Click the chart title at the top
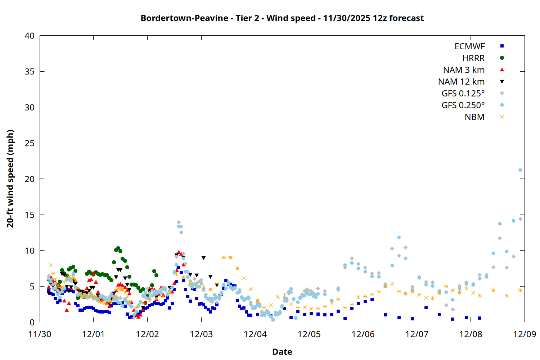click(282, 18)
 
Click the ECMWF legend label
click(469, 46)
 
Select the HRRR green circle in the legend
click(502, 58)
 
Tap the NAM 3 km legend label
click(464, 70)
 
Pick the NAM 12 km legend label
click(461, 82)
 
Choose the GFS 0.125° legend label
click(463, 94)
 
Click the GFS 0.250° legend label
click(463, 105)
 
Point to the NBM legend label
click(474, 117)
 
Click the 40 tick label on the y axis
click(30, 36)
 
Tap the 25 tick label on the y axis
click(30, 143)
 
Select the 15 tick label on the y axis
click(30, 215)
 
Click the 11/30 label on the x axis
click(40, 334)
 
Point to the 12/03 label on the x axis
click(201, 334)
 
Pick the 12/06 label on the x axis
click(363, 334)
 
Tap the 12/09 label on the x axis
click(525, 334)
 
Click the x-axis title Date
click(282, 352)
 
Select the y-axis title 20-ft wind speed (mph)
click(10, 179)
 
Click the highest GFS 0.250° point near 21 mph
click(520, 170)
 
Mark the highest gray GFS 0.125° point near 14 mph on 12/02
click(179, 222)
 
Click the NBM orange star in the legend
click(502, 117)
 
